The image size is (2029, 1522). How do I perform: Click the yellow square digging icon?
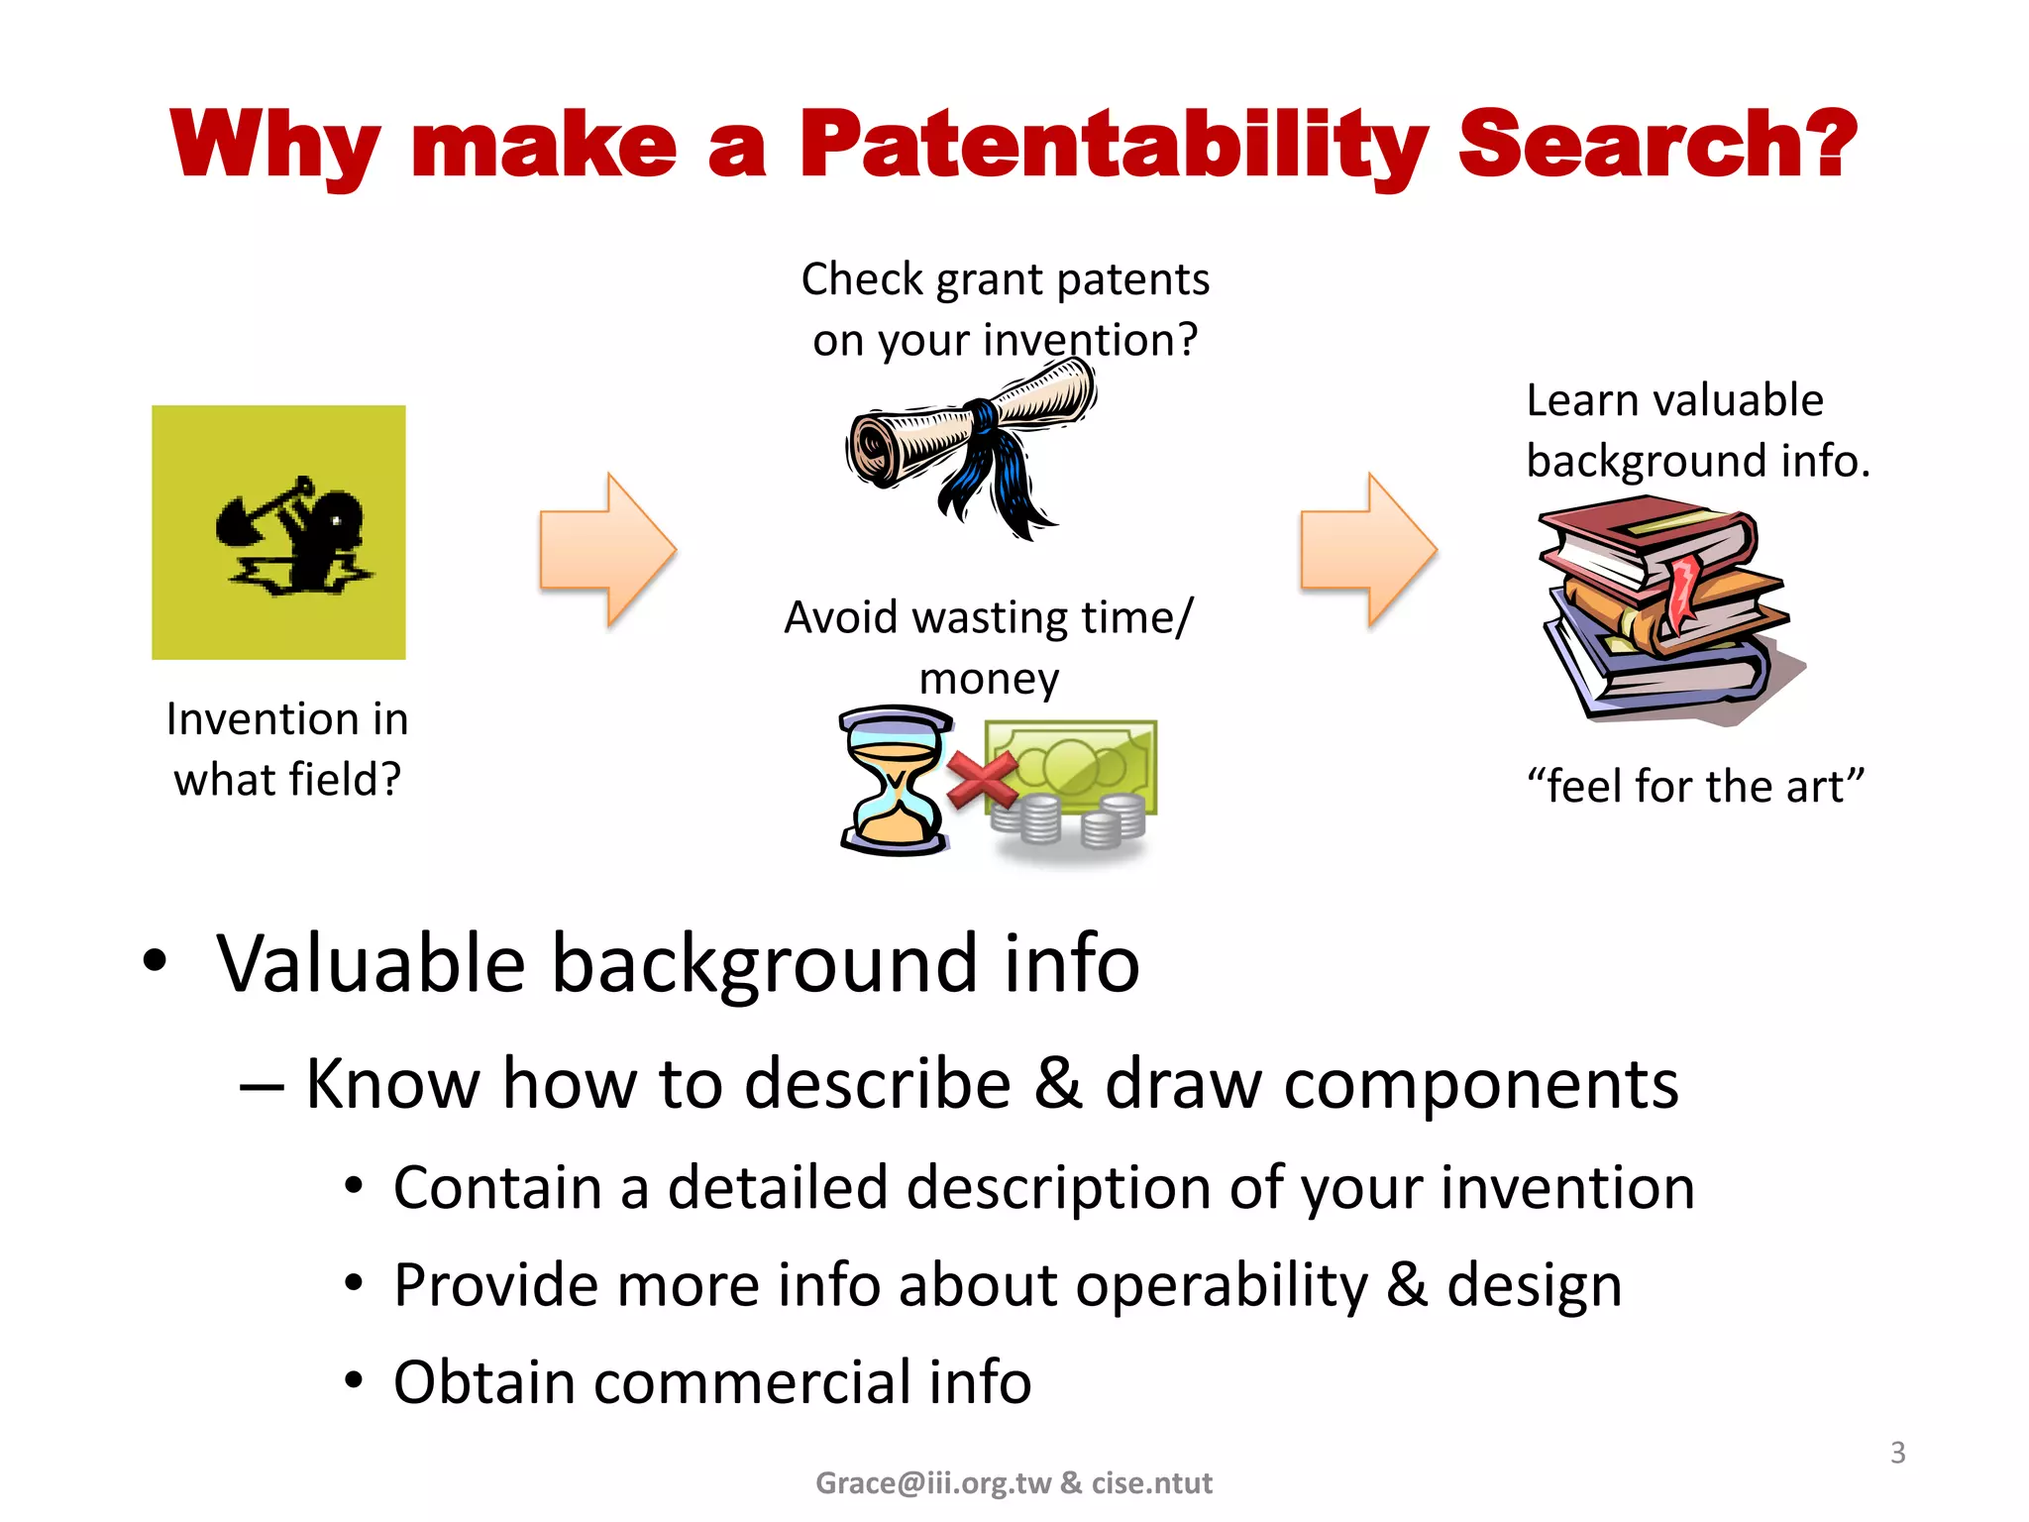[x=278, y=532]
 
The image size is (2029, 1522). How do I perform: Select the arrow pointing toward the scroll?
[x=607, y=550]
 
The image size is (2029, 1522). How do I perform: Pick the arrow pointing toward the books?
[x=1368, y=550]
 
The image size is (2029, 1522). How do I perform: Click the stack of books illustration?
[x=1669, y=614]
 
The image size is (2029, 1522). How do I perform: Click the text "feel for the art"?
[x=1695, y=787]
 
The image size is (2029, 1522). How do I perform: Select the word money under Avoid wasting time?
[x=989, y=680]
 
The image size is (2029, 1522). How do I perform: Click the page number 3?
[x=1897, y=1453]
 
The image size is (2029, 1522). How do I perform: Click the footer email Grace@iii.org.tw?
[x=932, y=1482]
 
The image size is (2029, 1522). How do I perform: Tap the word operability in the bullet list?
[x=1222, y=1286]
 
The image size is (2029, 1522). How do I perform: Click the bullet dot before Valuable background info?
[x=155, y=960]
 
